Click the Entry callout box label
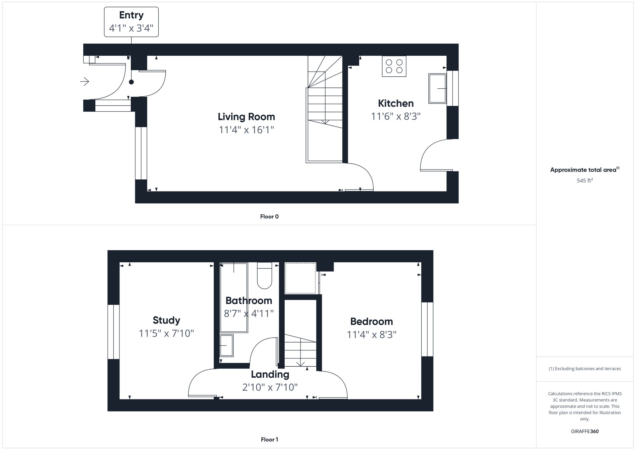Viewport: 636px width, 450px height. point(131,22)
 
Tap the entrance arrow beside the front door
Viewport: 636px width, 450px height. point(85,82)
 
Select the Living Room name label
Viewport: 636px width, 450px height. point(246,117)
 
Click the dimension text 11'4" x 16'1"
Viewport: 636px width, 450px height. point(246,130)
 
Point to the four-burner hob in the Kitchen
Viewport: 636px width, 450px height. point(394,66)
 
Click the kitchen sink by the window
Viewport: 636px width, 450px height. point(437,88)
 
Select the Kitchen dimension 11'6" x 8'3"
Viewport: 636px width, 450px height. point(396,116)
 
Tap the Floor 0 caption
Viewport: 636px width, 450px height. point(269,217)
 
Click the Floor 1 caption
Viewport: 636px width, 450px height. point(269,440)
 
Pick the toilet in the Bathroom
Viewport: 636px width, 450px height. point(264,275)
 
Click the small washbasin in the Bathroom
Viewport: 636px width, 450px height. point(226,345)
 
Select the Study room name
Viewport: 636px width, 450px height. point(166,320)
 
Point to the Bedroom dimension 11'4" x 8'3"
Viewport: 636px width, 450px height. point(371,335)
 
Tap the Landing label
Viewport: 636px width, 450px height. point(270,374)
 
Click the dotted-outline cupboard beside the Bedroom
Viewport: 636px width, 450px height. point(300,278)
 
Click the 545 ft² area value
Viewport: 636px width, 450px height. point(584,180)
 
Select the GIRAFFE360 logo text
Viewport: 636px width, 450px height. point(584,431)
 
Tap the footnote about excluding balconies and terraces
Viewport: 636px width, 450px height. point(584,369)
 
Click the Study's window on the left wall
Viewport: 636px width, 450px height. point(113,332)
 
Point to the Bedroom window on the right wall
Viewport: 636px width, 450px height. point(427,329)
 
